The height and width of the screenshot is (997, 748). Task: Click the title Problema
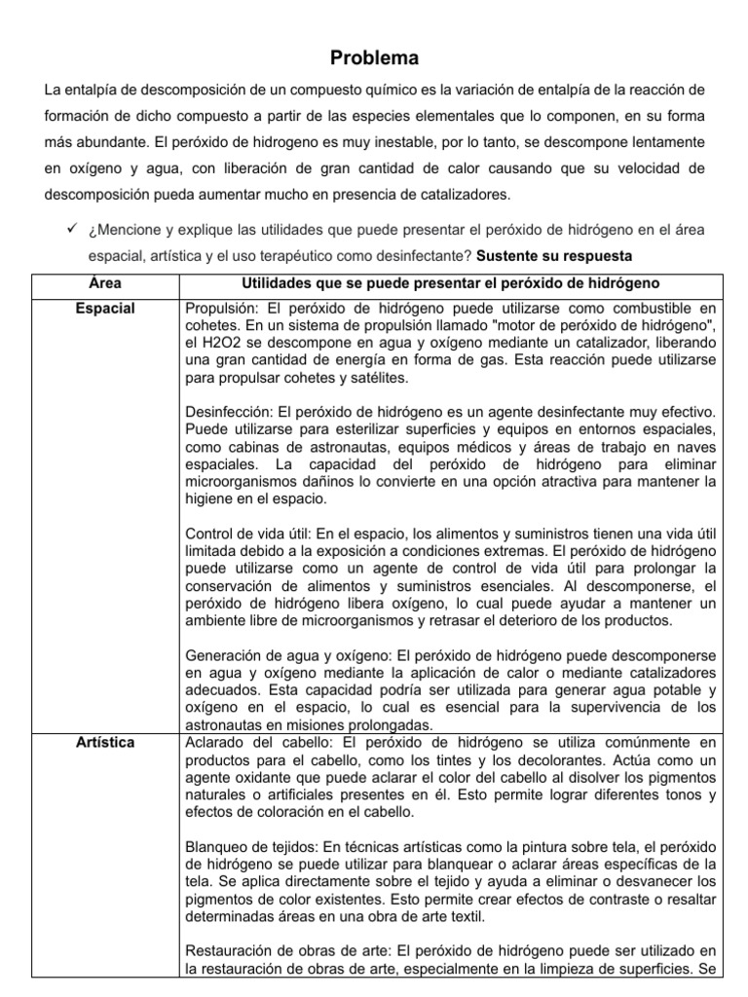[374, 58]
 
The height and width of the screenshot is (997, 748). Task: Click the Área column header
[104, 282]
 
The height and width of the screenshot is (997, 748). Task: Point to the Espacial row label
[104, 309]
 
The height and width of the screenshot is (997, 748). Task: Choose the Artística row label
[104, 743]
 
